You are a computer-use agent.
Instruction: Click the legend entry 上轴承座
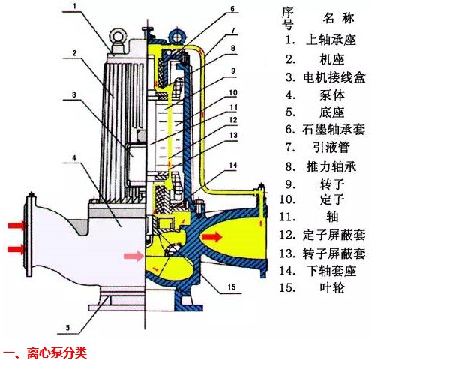pyautogui.click(x=331, y=39)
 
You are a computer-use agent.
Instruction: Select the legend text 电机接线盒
pyautogui.click(x=335, y=77)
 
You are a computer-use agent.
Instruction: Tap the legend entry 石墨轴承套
pyautogui.click(x=335, y=129)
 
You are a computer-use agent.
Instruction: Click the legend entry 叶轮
pyautogui.click(x=326, y=287)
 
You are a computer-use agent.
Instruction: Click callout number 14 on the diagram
pyautogui.click(x=233, y=164)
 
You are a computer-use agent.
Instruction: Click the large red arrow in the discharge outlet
pyautogui.click(x=211, y=237)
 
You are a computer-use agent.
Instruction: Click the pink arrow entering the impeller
pyautogui.click(x=133, y=256)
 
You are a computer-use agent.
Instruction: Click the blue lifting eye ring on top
pyautogui.click(x=177, y=34)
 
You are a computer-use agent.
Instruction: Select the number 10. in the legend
pyautogui.click(x=288, y=200)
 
